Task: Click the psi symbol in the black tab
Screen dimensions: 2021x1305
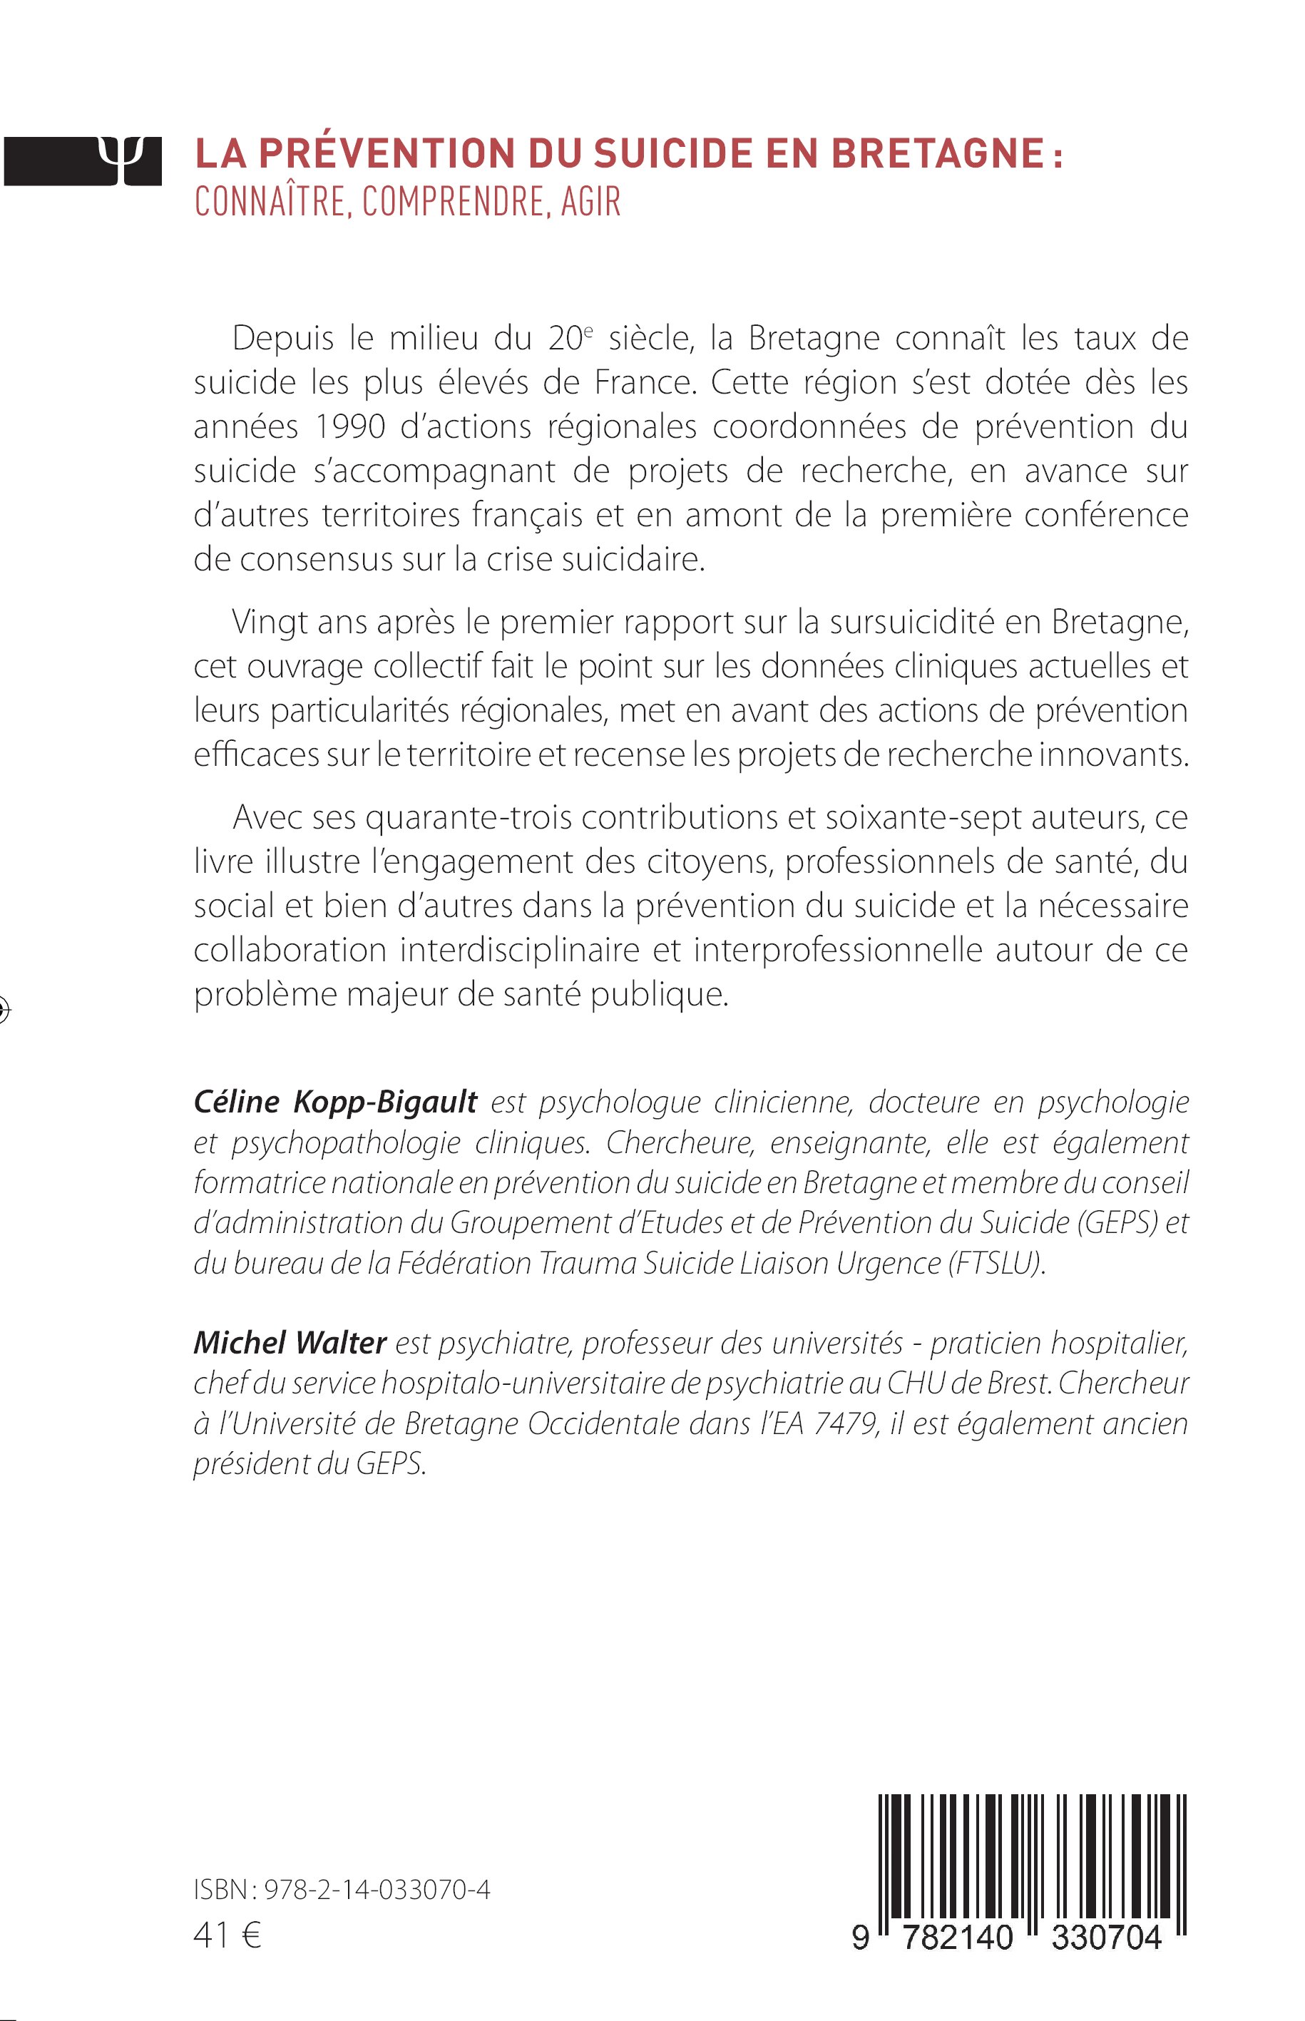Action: (x=118, y=158)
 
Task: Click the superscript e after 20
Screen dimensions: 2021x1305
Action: (x=589, y=330)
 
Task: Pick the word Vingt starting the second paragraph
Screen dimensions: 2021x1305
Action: (x=269, y=622)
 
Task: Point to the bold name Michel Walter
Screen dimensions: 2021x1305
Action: (x=290, y=1342)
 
